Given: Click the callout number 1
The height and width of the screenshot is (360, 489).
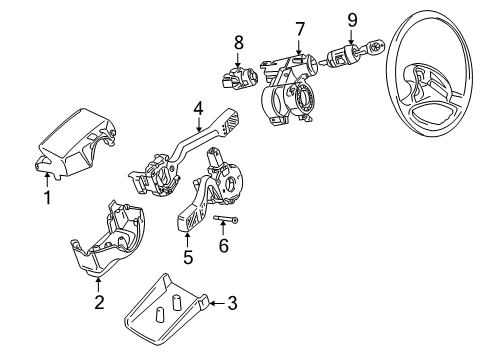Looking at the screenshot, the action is click(x=48, y=197).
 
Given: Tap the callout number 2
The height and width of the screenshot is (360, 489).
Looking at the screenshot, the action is click(x=99, y=302).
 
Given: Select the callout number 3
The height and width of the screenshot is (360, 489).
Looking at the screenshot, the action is click(x=232, y=303).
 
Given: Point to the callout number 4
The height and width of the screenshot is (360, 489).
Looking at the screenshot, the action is click(x=198, y=109).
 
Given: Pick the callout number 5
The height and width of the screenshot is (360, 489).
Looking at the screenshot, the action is click(x=188, y=257).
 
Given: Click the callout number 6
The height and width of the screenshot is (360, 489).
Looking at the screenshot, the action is click(x=224, y=246).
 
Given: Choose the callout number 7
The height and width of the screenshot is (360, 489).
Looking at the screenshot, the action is click(x=299, y=29).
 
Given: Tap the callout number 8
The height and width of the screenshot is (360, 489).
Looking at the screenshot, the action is click(x=239, y=43).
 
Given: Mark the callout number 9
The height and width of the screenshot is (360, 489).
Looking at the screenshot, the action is click(x=352, y=20).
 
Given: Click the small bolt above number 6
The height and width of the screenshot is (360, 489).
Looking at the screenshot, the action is click(x=226, y=219).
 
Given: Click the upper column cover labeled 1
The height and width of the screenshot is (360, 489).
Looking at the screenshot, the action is click(x=77, y=144).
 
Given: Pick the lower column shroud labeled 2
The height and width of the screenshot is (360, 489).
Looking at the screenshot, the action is click(x=107, y=238).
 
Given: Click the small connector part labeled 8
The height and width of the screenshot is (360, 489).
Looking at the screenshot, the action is click(x=239, y=79).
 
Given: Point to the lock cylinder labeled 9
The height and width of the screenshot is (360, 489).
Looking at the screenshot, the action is click(x=341, y=57).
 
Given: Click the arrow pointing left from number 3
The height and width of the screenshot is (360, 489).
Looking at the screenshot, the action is click(x=218, y=303).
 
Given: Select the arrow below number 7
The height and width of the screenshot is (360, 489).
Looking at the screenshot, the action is click(x=299, y=47).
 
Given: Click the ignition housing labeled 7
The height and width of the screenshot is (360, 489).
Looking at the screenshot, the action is click(x=288, y=89).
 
